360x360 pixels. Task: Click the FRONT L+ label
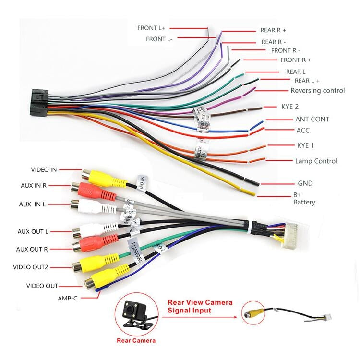(x=151, y=28)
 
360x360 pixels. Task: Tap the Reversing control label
(x=317, y=90)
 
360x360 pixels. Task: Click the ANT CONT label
(x=312, y=119)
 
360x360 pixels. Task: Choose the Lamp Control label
(x=316, y=161)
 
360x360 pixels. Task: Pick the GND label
(x=305, y=183)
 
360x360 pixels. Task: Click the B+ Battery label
(x=304, y=199)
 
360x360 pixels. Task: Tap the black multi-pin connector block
(x=39, y=102)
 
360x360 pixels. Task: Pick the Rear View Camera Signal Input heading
(x=199, y=306)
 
